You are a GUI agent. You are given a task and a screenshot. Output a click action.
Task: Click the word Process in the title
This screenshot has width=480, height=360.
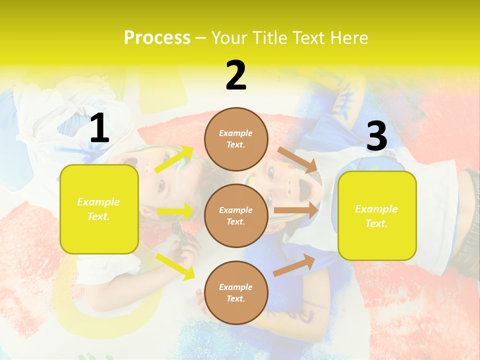tap(157, 38)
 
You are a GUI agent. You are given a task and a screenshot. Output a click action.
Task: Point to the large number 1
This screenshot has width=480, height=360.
tap(99, 128)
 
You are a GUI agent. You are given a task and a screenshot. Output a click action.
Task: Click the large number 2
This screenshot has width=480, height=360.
tap(236, 75)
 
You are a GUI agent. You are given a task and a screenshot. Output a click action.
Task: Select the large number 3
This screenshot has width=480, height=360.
tap(376, 136)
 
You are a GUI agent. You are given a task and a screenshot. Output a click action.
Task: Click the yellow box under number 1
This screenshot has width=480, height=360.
tap(99, 209)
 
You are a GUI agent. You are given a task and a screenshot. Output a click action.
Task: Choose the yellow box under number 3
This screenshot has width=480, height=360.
tap(377, 216)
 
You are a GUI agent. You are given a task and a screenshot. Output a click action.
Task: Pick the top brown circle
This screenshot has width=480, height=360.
tap(236, 139)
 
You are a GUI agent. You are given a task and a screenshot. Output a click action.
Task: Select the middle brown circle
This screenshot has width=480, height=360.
tap(236, 216)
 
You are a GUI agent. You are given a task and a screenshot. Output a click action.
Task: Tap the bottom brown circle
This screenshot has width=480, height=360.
tap(236, 293)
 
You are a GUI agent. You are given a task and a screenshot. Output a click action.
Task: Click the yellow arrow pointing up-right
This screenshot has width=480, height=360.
tap(173, 159)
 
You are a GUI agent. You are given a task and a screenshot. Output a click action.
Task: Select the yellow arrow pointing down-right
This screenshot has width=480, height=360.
tap(175, 266)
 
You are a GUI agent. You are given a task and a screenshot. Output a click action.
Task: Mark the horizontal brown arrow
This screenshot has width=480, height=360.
tap(296, 210)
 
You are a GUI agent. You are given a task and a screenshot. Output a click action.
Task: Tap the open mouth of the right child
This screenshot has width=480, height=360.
tap(303, 188)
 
